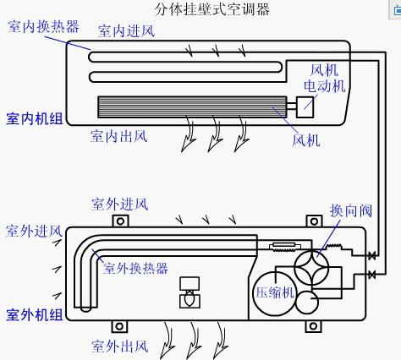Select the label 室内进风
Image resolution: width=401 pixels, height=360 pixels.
click(x=127, y=31)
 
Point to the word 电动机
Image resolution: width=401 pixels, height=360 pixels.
click(x=325, y=85)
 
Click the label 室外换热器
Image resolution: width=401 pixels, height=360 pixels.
click(x=135, y=268)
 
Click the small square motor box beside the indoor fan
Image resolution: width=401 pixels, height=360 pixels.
click(x=304, y=106)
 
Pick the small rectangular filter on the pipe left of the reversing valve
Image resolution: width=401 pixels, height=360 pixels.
click(x=280, y=248)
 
